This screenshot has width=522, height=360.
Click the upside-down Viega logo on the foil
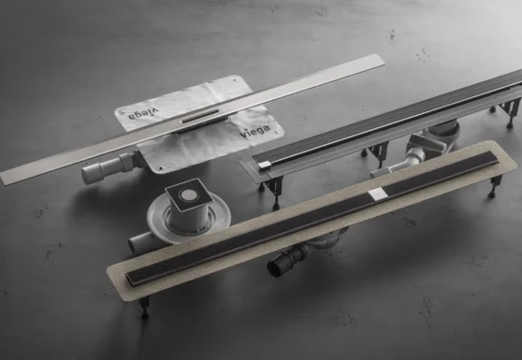coord(143,114)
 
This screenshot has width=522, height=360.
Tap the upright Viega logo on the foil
coord(255,131)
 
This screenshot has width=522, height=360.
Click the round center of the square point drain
coord(185,195)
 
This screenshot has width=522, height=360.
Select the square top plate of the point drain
coord(189,195)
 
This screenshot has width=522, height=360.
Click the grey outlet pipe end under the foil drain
coord(88,174)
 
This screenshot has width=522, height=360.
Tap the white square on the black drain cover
coord(378,194)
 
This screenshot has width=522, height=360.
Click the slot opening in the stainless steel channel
coord(200,117)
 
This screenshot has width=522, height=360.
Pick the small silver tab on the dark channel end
coord(266,164)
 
